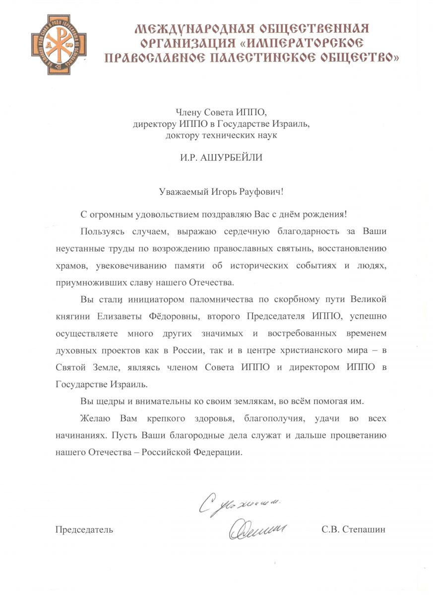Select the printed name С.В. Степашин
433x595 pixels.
(353, 530)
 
